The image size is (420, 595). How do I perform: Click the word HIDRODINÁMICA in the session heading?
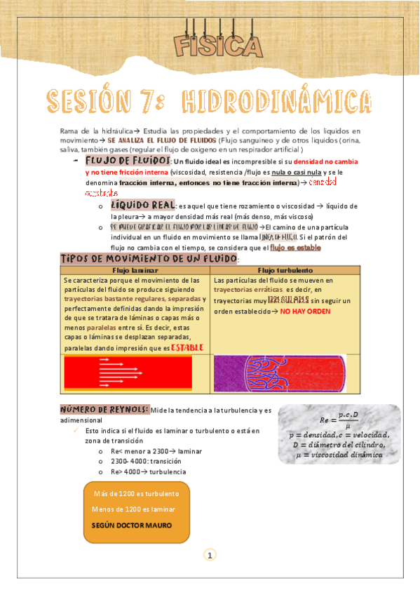(x=278, y=102)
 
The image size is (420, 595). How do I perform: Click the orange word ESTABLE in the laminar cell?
(x=187, y=347)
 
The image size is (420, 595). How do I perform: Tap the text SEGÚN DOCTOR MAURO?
(x=132, y=524)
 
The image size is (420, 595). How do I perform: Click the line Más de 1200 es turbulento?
(x=135, y=493)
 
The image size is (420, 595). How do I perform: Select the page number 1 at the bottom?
(x=210, y=556)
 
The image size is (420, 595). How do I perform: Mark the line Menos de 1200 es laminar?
(x=133, y=509)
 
